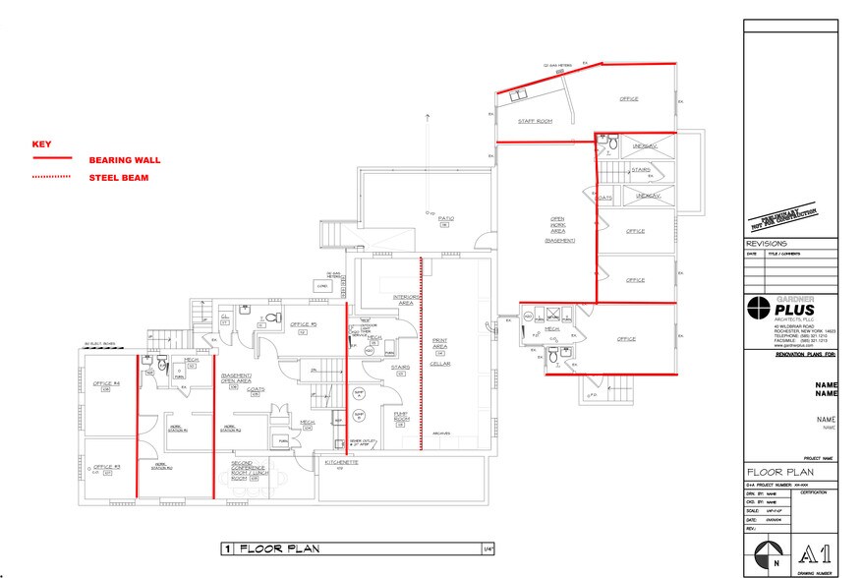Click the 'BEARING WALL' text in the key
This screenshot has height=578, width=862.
(x=125, y=159)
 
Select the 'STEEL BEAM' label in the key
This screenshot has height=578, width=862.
(x=118, y=178)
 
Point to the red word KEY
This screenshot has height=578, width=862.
(x=41, y=144)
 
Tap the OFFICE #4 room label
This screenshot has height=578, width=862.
(x=105, y=382)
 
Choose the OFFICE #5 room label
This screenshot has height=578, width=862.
(x=303, y=325)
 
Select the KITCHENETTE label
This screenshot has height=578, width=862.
(x=335, y=461)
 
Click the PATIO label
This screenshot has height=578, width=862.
(x=445, y=218)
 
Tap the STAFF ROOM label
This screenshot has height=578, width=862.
(x=536, y=121)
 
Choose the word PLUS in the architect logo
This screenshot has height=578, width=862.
(x=797, y=312)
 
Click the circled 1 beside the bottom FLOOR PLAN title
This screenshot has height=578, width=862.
(x=226, y=549)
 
